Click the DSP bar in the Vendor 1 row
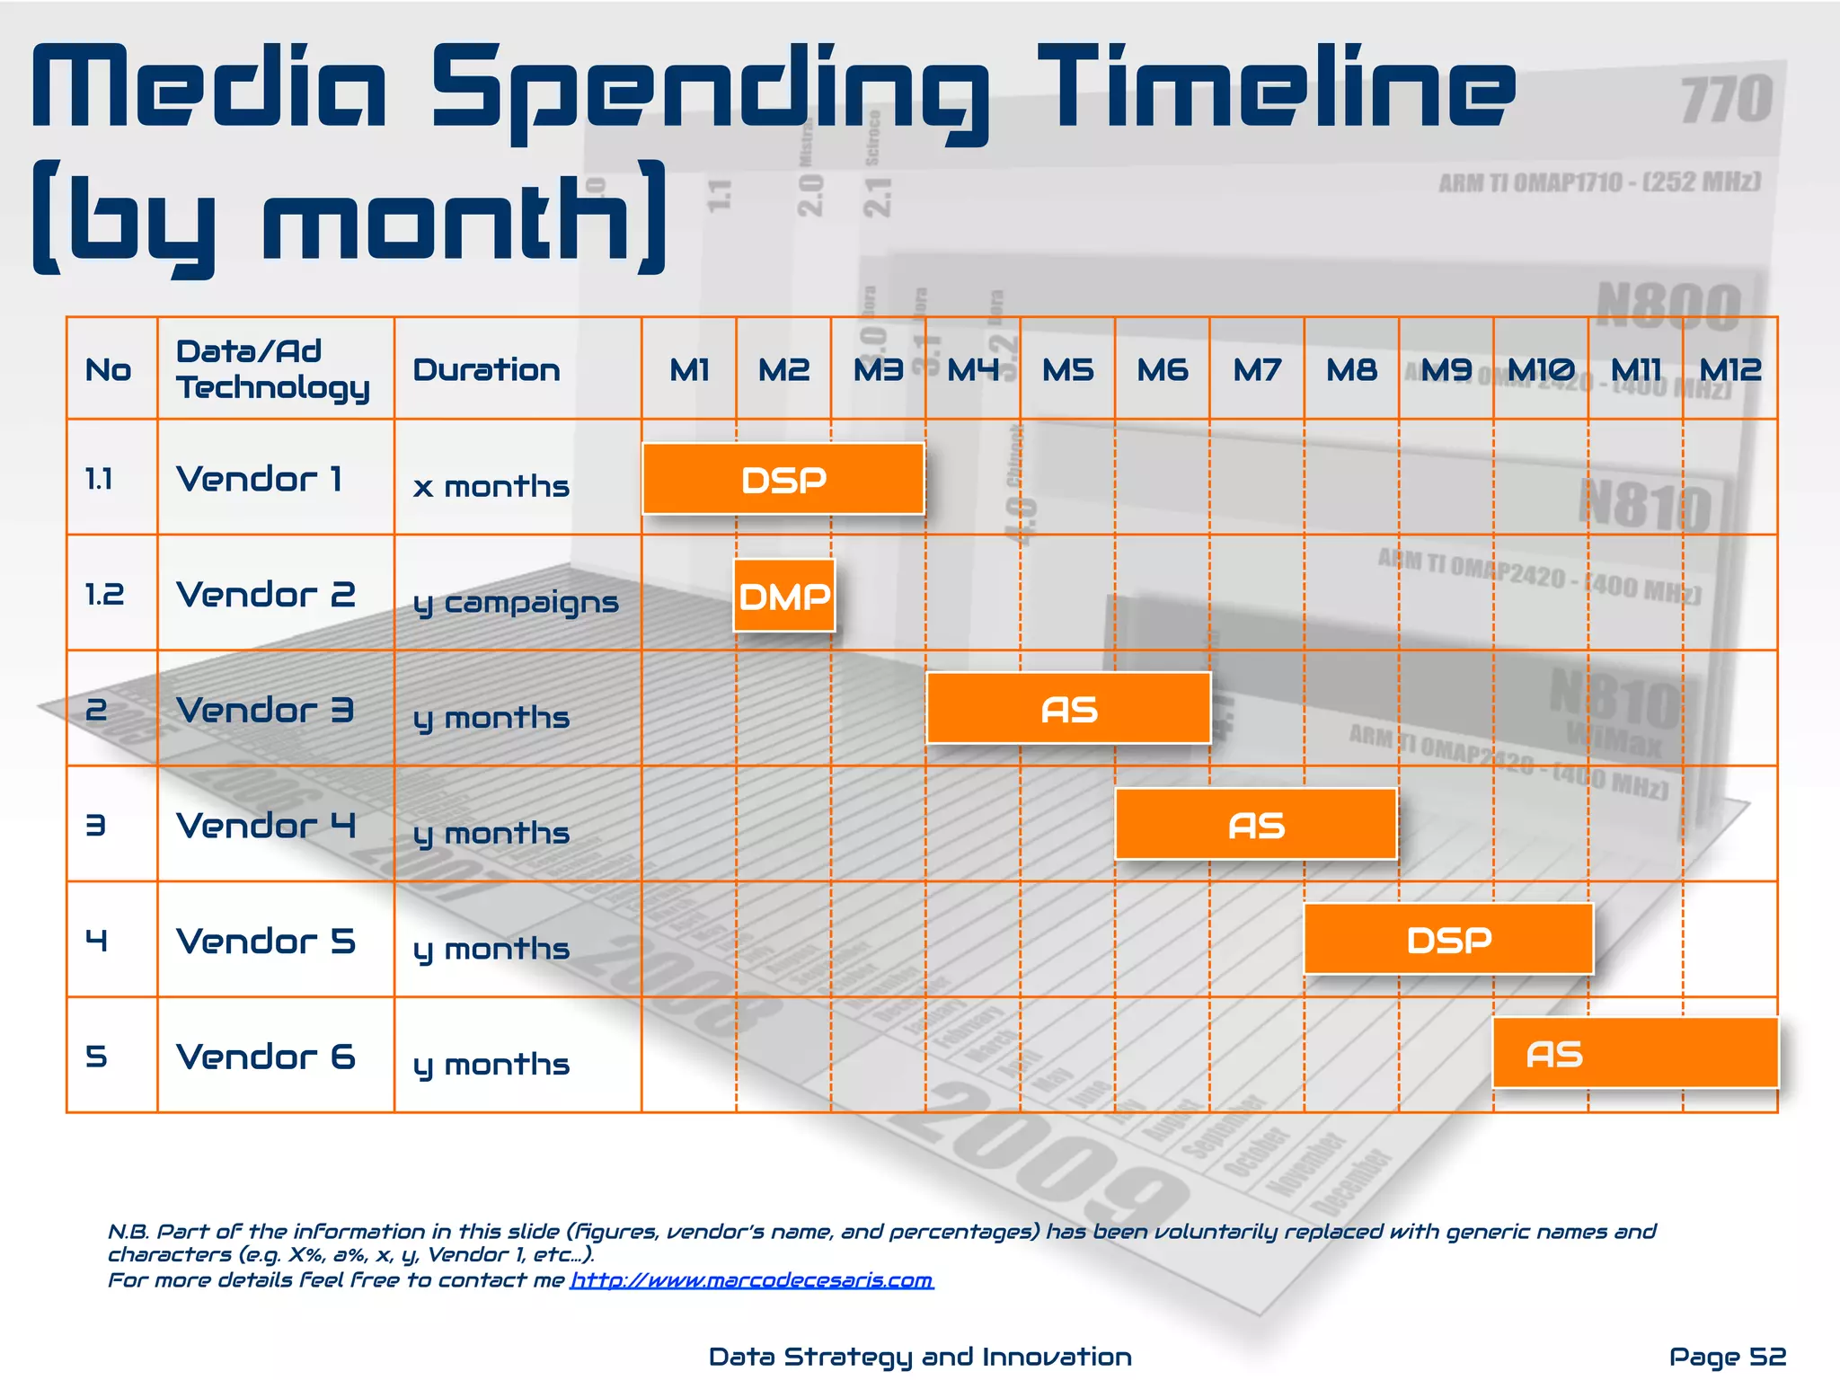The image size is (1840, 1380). [x=783, y=479]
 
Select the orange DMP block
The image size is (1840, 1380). [x=784, y=596]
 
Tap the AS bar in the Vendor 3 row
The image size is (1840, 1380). [x=1068, y=709]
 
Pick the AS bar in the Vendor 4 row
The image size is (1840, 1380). [x=1256, y=825]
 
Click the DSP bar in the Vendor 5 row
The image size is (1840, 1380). [x=1448, y=940]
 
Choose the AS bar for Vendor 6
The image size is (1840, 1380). [x=1635, y=1054]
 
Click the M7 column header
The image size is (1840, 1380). [x=1256, y=369]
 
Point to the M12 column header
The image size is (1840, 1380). [x=1729, y=369]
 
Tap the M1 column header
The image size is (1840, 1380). [x=689, y=369]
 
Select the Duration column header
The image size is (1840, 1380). [x=486, y=369]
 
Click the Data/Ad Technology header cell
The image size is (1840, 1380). [x=272, y=369]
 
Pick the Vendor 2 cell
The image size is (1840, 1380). [x=266, y=594]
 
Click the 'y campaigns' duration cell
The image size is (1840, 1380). [x=516, y=602]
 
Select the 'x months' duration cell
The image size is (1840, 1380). [x=491, y=486]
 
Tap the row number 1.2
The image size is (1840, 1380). [x=104, y=594]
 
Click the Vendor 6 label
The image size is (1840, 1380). [x=266, y=1057]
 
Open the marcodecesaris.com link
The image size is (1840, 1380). [x=752, y=1279]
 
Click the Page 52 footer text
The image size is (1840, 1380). [x=1727, y=1356]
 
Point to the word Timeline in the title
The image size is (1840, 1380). [x=1276, y=88]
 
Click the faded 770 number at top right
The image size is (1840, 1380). [x=1726, y=99]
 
